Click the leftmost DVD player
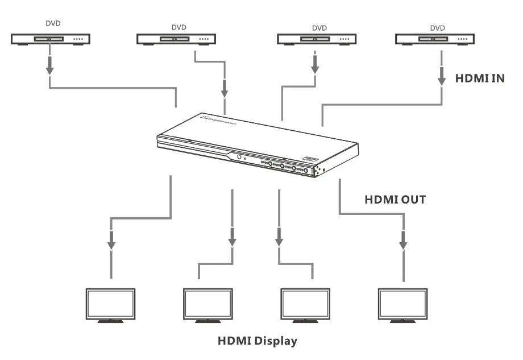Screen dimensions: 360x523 coord(51,40)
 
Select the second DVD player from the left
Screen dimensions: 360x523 coord(176,40)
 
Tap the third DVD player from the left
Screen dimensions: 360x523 coord(316,40)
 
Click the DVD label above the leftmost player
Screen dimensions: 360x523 coord(53,24)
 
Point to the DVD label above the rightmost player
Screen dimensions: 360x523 coord(437,27)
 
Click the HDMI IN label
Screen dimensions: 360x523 coord(480,78)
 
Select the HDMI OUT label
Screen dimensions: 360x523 coord(395,200)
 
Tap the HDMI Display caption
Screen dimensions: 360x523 coord(258,341)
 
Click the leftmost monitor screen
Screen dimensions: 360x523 coord(110,304)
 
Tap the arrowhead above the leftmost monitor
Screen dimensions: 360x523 coord(111,244)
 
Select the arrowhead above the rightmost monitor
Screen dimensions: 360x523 coord(403,244)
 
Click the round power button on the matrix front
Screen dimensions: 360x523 coord(239,158)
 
